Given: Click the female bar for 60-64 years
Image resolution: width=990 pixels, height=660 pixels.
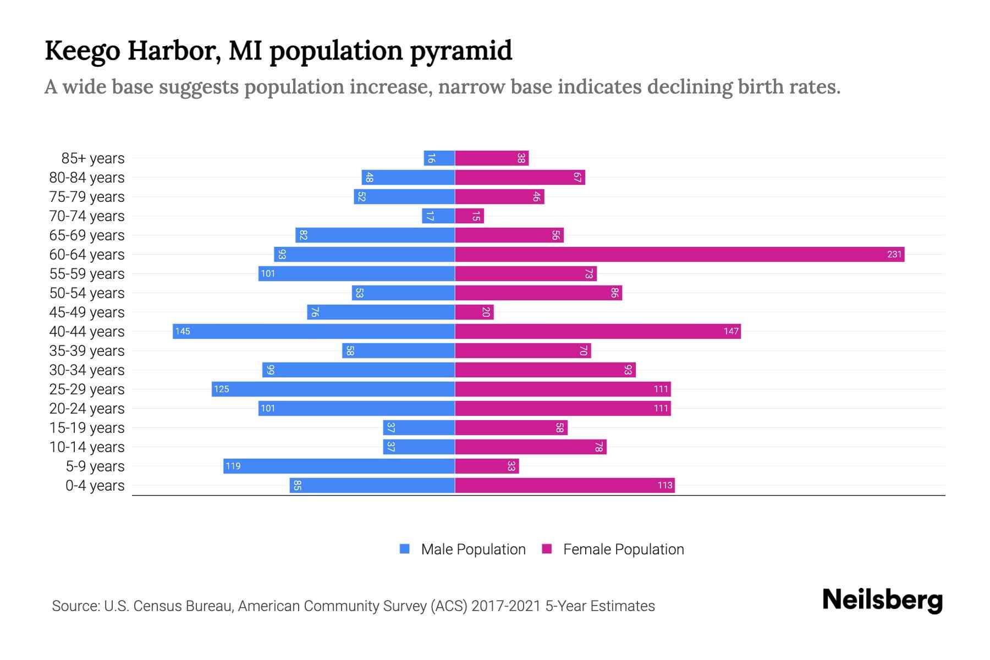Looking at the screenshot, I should (679, 255).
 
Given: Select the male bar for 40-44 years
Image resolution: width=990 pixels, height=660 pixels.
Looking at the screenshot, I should (313, 332).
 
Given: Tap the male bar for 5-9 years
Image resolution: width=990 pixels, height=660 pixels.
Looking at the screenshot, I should (339, 466).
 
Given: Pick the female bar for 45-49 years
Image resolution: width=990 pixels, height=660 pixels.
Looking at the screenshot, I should (474, 312).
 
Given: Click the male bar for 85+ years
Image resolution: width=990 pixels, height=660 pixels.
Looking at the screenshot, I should (439, 158).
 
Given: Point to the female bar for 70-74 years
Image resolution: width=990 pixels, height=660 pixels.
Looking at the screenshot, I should (469, 216).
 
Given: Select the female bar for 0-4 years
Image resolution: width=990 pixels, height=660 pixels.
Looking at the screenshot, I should (564, 486).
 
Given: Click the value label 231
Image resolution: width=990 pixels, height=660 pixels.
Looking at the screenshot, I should (894, 255).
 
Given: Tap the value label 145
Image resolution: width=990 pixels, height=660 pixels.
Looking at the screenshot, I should (183, 332).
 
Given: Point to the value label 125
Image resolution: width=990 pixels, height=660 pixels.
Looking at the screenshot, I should (221, 389).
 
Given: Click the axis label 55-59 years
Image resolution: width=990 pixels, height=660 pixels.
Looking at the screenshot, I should (87, 274).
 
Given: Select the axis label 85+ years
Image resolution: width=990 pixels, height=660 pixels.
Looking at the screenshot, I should (93, 158).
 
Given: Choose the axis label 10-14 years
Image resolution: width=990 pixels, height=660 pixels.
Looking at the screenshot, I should (87, 447).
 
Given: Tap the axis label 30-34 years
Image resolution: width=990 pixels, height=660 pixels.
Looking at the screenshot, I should (87, 370).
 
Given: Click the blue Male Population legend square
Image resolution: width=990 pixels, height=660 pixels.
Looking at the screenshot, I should (405, 549).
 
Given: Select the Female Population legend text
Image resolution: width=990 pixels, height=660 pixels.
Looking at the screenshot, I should (623, 549).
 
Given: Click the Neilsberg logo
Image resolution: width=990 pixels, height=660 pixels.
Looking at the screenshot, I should (882, 600).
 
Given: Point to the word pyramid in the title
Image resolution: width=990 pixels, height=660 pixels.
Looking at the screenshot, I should (461, 51).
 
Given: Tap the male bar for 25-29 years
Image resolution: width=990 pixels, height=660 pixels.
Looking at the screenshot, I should (333, 389).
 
